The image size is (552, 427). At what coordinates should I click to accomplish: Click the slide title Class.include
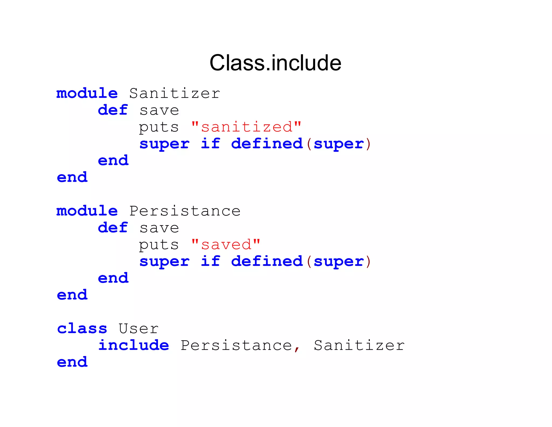[275, 63]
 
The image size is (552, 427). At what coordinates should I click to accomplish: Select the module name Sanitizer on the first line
[175, 93]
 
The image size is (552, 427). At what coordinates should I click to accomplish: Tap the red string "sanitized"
[246, 127]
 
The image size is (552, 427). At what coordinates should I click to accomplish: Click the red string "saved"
[226, 245]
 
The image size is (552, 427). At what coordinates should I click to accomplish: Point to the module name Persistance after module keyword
[185, 211]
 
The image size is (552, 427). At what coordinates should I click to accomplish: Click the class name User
[139, 329]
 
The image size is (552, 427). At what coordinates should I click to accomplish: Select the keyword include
[134, 345]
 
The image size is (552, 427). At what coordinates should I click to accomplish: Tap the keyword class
[82, 329]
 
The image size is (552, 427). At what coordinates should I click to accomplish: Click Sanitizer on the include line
[359, 345]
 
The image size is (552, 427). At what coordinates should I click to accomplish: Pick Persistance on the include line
[236, 345]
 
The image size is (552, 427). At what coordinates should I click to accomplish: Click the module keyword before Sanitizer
[87, 93]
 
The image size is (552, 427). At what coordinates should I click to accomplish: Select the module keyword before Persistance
[87, 211]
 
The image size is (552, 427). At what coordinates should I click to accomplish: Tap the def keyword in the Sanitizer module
[113, 110]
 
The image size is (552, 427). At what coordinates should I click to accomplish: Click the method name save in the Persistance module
[159, 228]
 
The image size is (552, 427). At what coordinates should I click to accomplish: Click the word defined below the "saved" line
[267, 261]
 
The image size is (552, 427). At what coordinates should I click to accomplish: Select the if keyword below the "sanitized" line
[211, 144]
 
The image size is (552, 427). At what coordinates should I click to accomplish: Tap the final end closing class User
[72, 362]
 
